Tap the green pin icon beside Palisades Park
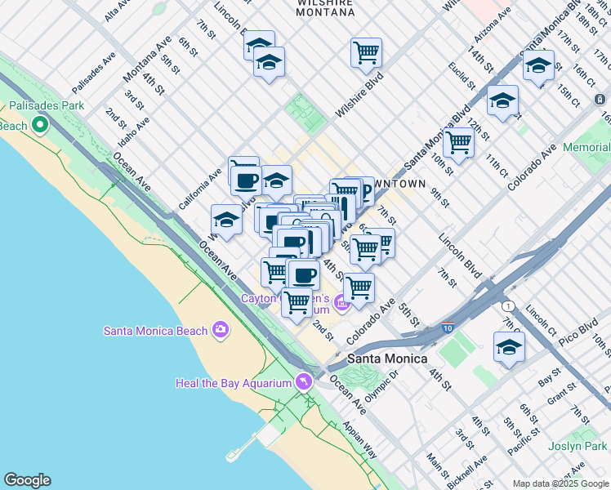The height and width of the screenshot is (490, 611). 39,126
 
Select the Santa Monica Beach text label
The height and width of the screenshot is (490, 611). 155,330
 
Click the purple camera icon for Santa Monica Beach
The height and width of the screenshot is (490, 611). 220,330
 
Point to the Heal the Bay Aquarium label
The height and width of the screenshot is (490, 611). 234,383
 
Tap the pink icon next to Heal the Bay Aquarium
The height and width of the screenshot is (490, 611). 304,381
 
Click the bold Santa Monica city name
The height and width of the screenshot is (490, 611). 387,359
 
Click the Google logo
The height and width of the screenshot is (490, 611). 27,480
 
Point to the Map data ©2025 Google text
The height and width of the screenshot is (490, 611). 560,483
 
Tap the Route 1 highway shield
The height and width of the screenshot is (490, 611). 509,305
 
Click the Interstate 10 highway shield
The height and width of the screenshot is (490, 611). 448,327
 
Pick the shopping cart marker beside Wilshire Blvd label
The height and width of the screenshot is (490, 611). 367,52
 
